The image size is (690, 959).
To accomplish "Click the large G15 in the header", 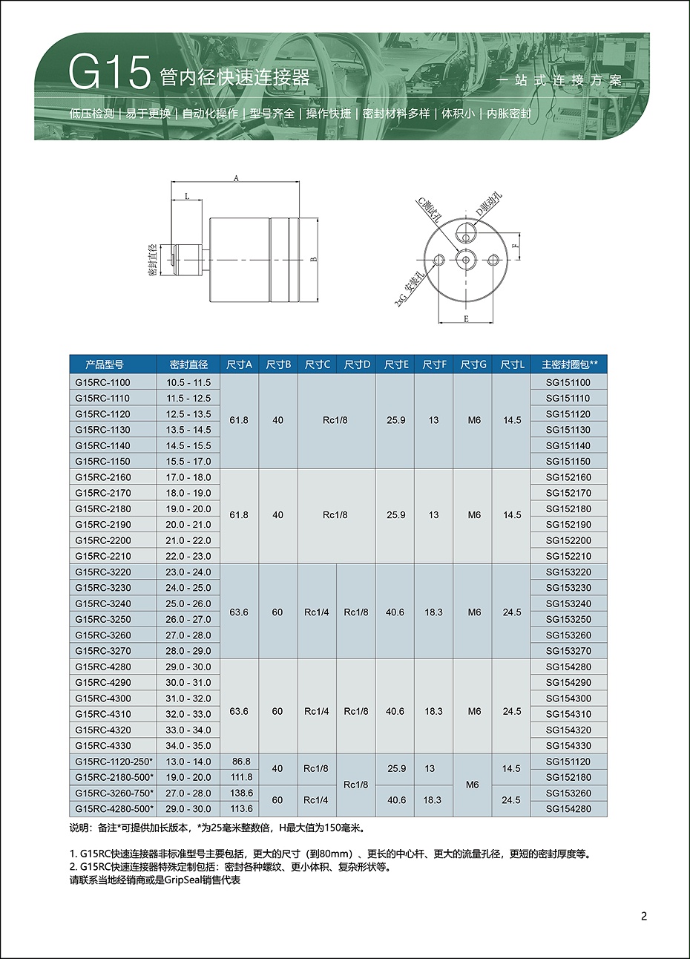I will click(109, 73).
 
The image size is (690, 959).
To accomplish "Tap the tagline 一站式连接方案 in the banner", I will click(559, 80).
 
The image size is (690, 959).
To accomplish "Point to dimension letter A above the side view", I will click(236, 178).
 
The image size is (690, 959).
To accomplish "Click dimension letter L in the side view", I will click(187, 196).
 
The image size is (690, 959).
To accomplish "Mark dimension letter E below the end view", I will click(466, 318).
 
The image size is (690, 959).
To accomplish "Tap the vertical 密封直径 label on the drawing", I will click(152, 259).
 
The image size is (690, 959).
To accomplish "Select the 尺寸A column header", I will click(239, 364).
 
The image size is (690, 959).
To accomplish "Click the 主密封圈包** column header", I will click(569, 364).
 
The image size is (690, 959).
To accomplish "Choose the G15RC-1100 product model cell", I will click(102, 382).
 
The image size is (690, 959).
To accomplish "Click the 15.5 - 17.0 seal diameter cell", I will click(188, 461).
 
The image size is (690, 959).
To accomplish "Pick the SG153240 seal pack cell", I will click(568, 603).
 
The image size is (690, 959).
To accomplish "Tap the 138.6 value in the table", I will click(241, 793).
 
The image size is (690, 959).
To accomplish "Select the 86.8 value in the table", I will click(241, 762).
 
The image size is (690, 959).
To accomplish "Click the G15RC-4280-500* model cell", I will click(114, 808).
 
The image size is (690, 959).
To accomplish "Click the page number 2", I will click(644, 916).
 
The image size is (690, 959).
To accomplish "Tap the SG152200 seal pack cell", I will click(568, 540).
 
